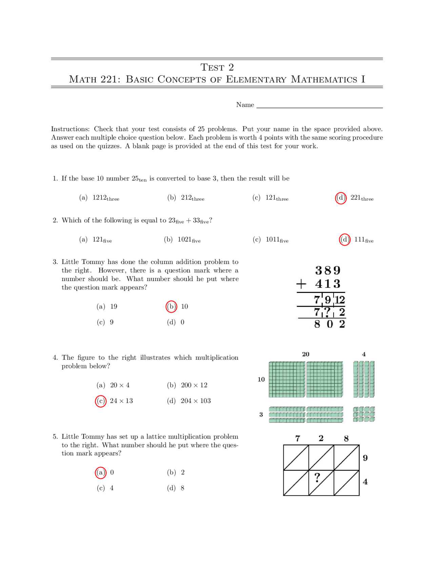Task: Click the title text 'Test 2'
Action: coord(217,67)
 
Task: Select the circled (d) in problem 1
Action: coord(341,198)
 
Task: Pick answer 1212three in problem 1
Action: coord(105,198)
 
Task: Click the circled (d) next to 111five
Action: coord(344,240)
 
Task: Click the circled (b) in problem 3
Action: coord(171,306)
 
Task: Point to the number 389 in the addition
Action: coord(328,270)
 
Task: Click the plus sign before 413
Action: coord(301,284)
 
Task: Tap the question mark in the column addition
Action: coord(327,312)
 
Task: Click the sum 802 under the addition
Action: coord(329,324)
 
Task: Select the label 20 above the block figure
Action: coord(305,354)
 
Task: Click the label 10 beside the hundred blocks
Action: coord(261,379)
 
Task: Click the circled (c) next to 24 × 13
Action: coord(101,401)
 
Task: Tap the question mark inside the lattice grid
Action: coord(317,477)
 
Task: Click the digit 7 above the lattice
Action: coord(298,438)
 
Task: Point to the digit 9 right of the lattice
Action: coord(365,458)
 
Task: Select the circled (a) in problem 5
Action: coord(101,472)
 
